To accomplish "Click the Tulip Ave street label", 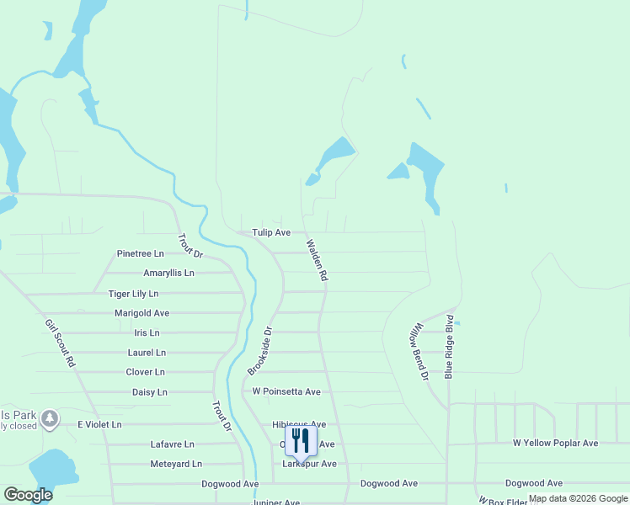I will [271, 232].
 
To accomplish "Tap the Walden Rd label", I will [316, 260].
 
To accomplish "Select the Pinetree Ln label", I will [140, 253].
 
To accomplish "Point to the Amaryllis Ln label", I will [168, 274].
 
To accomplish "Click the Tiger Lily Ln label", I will [133, 294].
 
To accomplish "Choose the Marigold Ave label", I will [141, 313].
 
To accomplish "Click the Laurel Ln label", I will [147, 353].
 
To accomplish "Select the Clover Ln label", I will [145, 372].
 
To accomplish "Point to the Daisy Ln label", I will [150, 392].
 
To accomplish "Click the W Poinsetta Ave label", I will [286, 392].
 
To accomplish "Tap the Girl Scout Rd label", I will [61, 343].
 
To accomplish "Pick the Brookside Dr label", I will [260, 351].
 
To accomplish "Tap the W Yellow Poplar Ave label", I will [555, 443].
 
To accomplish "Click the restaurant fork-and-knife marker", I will [301, 441].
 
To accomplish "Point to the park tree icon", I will [50, 417].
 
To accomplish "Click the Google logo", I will [28, 495].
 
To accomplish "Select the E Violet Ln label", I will [99, 425].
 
